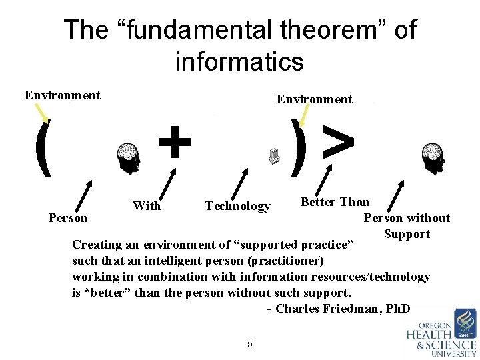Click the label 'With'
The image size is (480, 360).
click(x=147, y=206)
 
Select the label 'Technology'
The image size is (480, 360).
click(x=238, y=206)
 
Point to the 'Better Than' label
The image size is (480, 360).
click(x=335, y=202)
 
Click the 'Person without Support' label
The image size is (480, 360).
click(x=407, y=225)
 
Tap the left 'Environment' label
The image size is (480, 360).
click(x=63, y=95)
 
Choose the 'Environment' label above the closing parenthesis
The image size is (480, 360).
click(x=314, y=99)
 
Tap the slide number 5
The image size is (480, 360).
click(x=249, y=344)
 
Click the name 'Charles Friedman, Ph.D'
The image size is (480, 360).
click(x=343, y=309)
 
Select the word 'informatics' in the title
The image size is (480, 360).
click(x=239, y=62)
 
